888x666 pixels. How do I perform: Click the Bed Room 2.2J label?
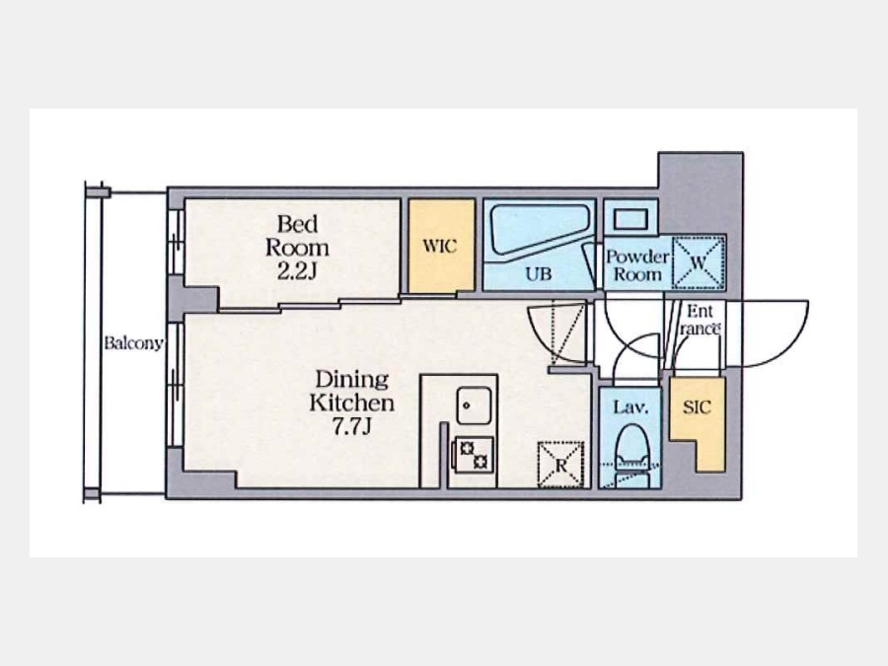click(x=297, y=247)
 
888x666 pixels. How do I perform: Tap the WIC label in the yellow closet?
click(x=439, y=247)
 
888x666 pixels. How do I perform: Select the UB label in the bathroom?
click(x=538, y=274)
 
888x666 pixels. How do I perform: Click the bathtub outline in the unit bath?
click(x=540, y=229)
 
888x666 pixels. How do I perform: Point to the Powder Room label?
click(x=637, y=265)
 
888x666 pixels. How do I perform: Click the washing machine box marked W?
click(x=699, y=262)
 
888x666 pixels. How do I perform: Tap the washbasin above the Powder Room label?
click(x=630, y=219)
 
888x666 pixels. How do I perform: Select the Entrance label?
click(x=700, y=320)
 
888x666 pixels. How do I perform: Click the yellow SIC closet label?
click(x=697, y=407)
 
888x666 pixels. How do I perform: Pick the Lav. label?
click(x=629, y=407)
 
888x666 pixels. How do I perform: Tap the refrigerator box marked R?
click(x=560, y=465)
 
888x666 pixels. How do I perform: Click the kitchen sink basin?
click(x=474, y=406)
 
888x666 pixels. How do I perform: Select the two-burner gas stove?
click(x=473, y=455)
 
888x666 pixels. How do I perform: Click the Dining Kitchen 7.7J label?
click(x=351, y=403)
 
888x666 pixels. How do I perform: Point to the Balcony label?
click(x=133, y=343)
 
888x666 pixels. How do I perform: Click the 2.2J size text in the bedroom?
click(x=296, y=272)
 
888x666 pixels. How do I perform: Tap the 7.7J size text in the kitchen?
click(x=351, y=426)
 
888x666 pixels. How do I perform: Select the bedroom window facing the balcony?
click(x=177, y=243)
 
